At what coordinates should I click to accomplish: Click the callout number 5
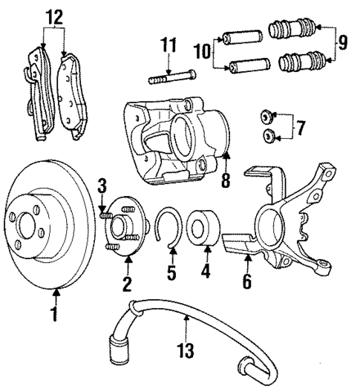point(171,272)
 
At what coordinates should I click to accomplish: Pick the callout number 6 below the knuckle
point(246,281)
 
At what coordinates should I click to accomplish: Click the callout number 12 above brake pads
point(54,16)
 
